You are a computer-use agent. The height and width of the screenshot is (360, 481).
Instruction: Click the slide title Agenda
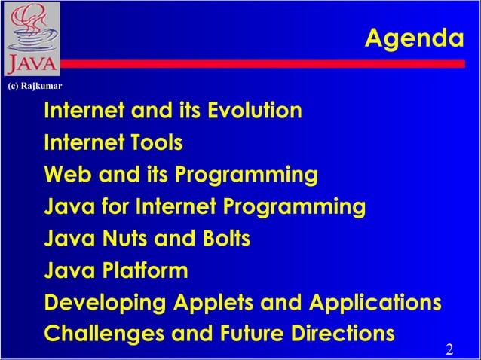click(414, 38)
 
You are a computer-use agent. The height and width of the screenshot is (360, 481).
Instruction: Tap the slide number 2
click(449, 349)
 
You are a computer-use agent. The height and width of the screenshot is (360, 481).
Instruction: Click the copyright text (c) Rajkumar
click(34, 85)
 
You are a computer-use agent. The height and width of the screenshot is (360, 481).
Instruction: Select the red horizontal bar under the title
click(264, 64)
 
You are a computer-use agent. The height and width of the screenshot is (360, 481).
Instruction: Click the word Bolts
click(224, 239)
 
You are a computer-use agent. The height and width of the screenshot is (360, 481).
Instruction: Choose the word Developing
click(106, 303)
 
